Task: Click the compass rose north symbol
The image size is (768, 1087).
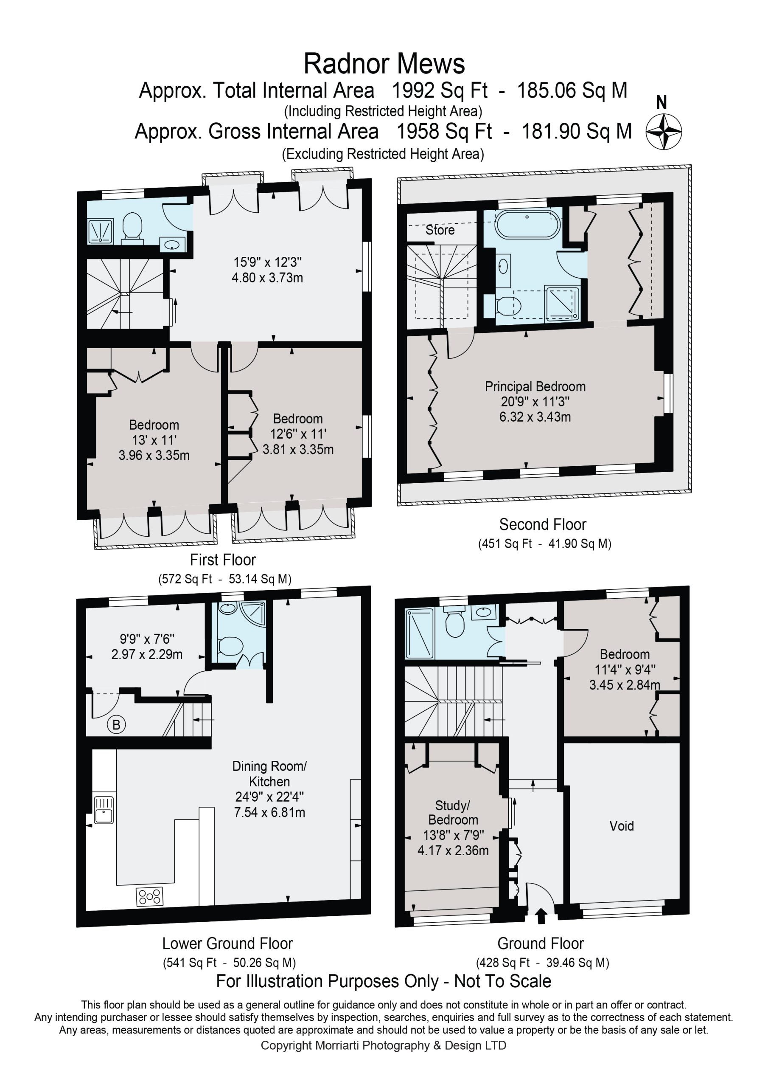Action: (x=664, y=132)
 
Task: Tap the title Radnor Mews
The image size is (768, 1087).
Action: (x=384, y=64)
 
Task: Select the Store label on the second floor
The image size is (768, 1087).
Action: (x=440, y=230)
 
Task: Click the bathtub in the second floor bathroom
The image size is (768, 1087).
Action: (x=527, y=223)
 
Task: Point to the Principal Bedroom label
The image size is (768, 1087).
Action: (x=535, y=386)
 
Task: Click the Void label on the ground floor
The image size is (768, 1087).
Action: (x=621, y=826)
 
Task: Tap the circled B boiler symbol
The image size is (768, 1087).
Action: (x=116, y=724)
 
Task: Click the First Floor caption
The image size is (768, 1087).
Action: (x=223, y=560)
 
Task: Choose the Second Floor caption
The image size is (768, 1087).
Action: (x=543, y=524)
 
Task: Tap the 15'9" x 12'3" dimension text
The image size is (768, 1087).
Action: (x=268, y=262)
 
